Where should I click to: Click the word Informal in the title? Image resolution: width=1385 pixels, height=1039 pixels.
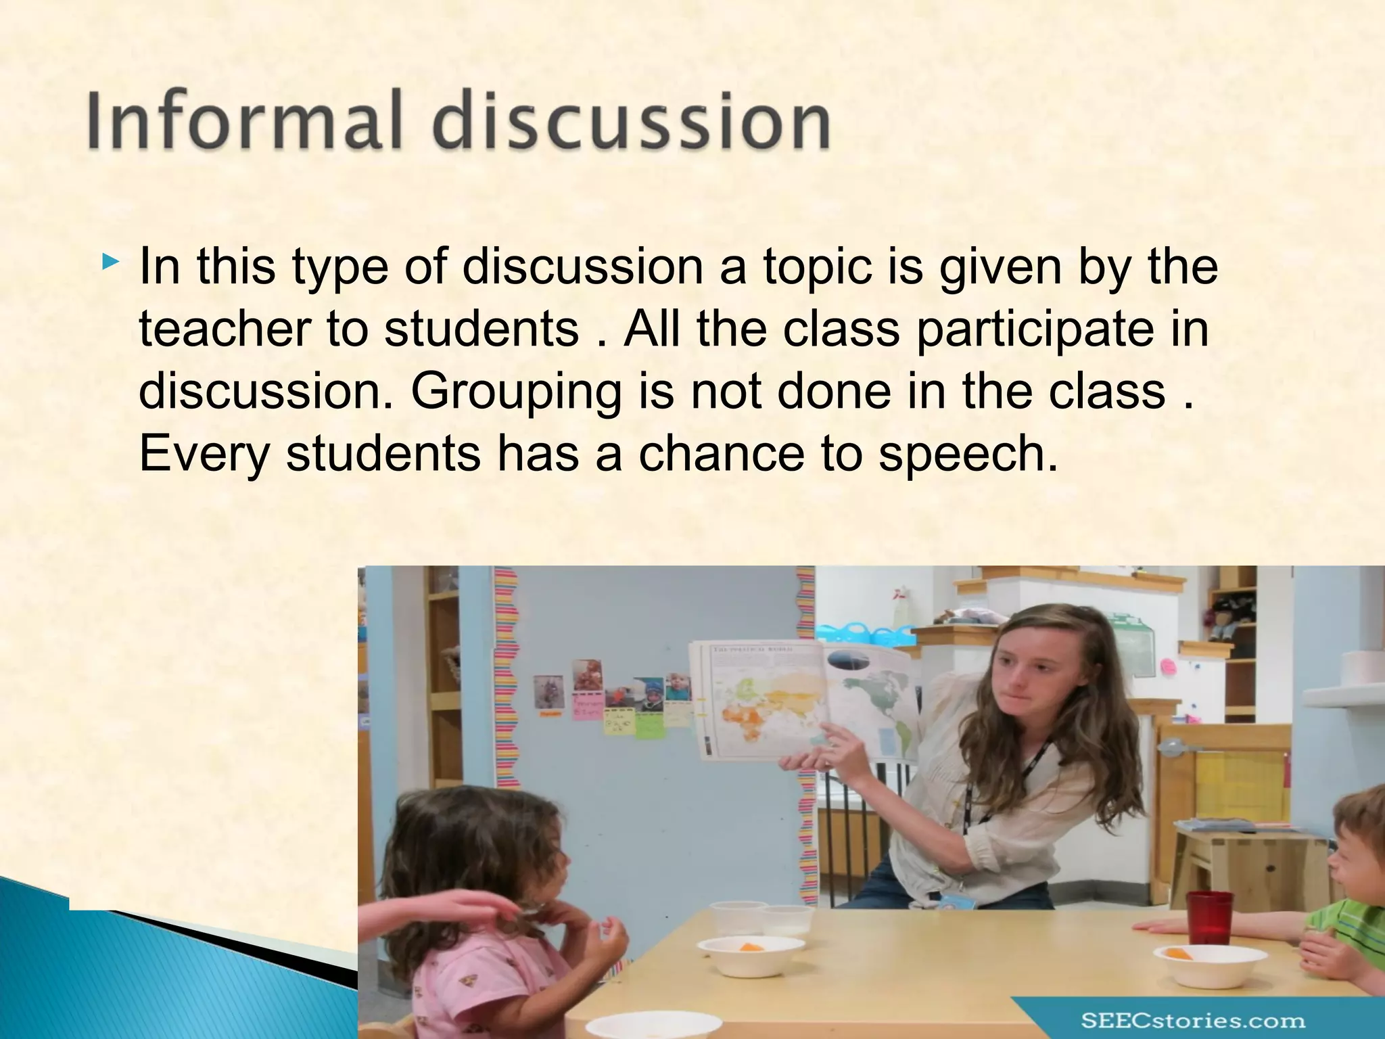(x=243, y=122)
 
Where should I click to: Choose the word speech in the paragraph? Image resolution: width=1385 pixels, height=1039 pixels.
(x=967, y=455)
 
